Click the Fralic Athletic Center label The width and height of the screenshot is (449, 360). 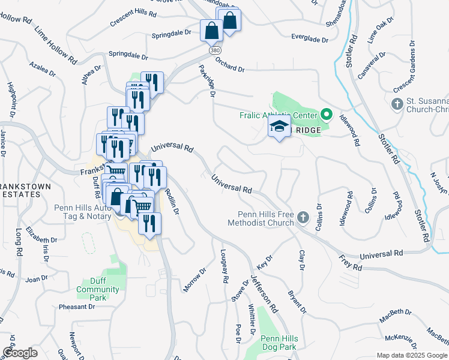278,115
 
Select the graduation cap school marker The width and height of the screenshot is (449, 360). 279,127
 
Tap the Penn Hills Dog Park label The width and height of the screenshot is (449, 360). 270,343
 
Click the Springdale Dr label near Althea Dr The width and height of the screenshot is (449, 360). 128,56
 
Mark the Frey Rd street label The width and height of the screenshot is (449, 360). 351,263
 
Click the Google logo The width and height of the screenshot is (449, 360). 20,353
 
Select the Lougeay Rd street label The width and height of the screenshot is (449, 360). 224,266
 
